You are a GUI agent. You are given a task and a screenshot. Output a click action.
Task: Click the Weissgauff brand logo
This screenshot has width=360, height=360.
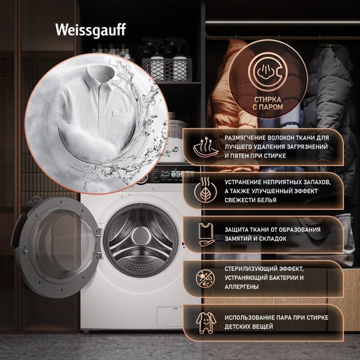90,30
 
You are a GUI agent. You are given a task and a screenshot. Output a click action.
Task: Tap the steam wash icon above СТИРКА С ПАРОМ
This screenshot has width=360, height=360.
268,72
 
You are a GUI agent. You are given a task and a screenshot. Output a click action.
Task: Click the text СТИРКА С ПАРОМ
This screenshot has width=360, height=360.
268,103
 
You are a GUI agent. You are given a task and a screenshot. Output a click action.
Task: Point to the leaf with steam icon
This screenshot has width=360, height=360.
206,190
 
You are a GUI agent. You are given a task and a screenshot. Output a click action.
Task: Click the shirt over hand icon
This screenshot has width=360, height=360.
206,234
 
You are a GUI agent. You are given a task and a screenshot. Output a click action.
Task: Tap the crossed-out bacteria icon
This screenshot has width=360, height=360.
206,278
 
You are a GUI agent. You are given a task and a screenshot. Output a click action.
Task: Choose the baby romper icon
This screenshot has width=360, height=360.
206,323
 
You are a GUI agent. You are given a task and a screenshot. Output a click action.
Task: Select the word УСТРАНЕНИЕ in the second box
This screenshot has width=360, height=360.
243,182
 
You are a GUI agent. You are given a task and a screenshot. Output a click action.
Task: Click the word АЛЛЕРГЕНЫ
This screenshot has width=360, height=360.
242,287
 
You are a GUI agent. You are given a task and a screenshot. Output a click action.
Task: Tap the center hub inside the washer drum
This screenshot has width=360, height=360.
141,236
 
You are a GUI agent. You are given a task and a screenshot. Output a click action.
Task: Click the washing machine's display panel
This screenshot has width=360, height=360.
170,175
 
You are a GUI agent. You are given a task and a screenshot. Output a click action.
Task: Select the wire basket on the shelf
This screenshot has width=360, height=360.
167,70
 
